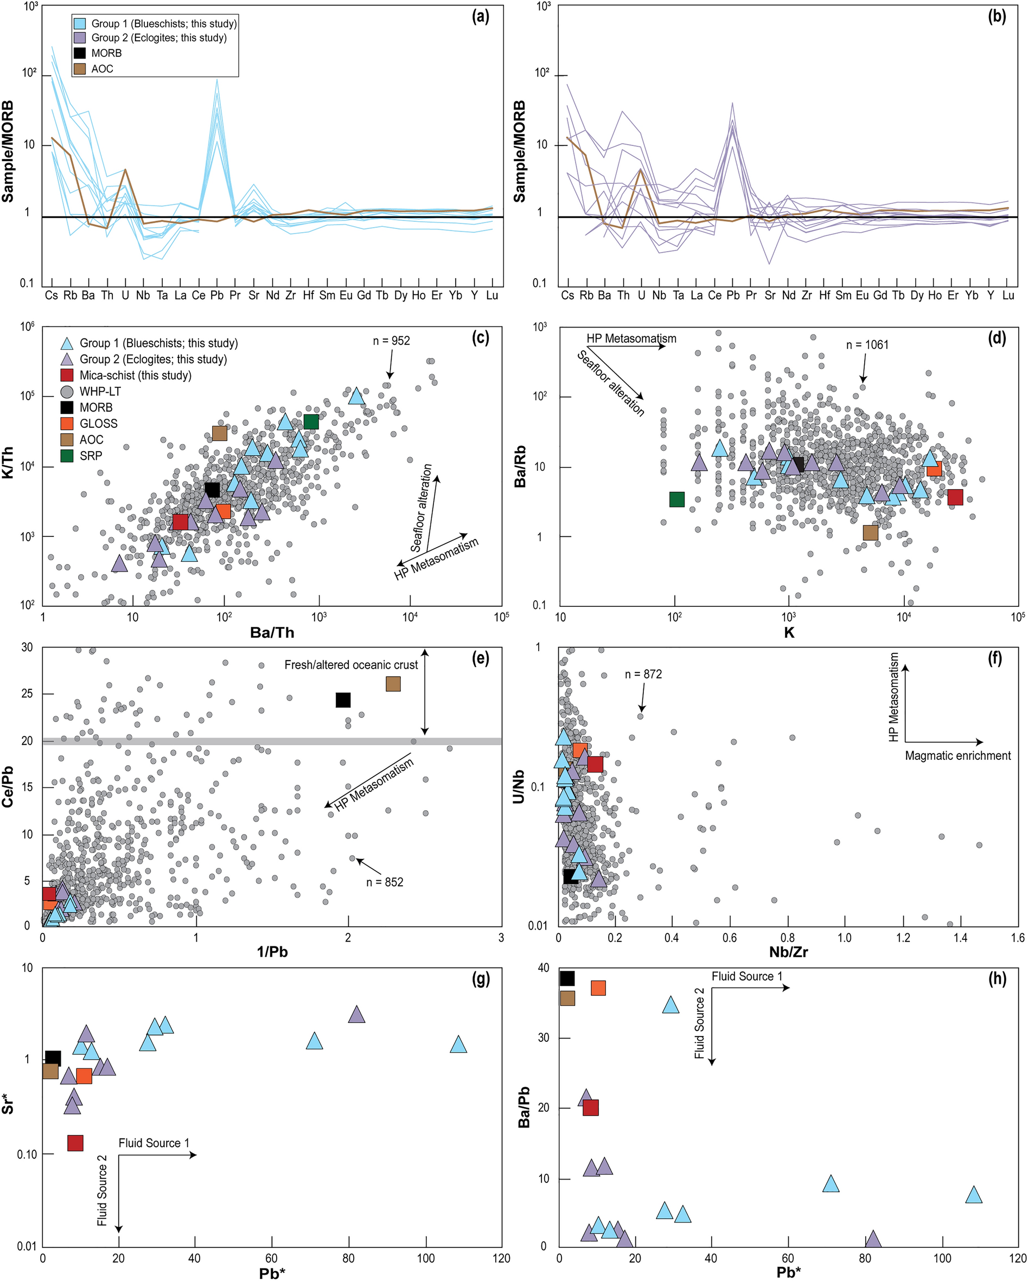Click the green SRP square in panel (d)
tap(676, 499)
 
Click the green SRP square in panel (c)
tap(311, 421)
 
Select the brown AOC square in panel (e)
tap(393, 684)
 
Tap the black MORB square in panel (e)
tap(343, 700)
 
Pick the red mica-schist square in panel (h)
tap(590, 1107)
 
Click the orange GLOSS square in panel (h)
tap(598, 988)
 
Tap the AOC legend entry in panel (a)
tap(101, 69)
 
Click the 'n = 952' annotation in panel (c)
tap(391, 341)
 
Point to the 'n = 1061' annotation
tap(867, 344)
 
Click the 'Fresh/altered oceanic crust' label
tap(350, 665)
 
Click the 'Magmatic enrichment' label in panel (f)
tap(957, 756)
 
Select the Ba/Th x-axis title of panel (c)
tap(272, 632)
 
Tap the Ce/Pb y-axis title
tap(8, 785)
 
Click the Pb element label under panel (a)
tap(216, 295)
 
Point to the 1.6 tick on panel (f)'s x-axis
tap(1017, 938)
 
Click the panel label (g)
tap(480, 978)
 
